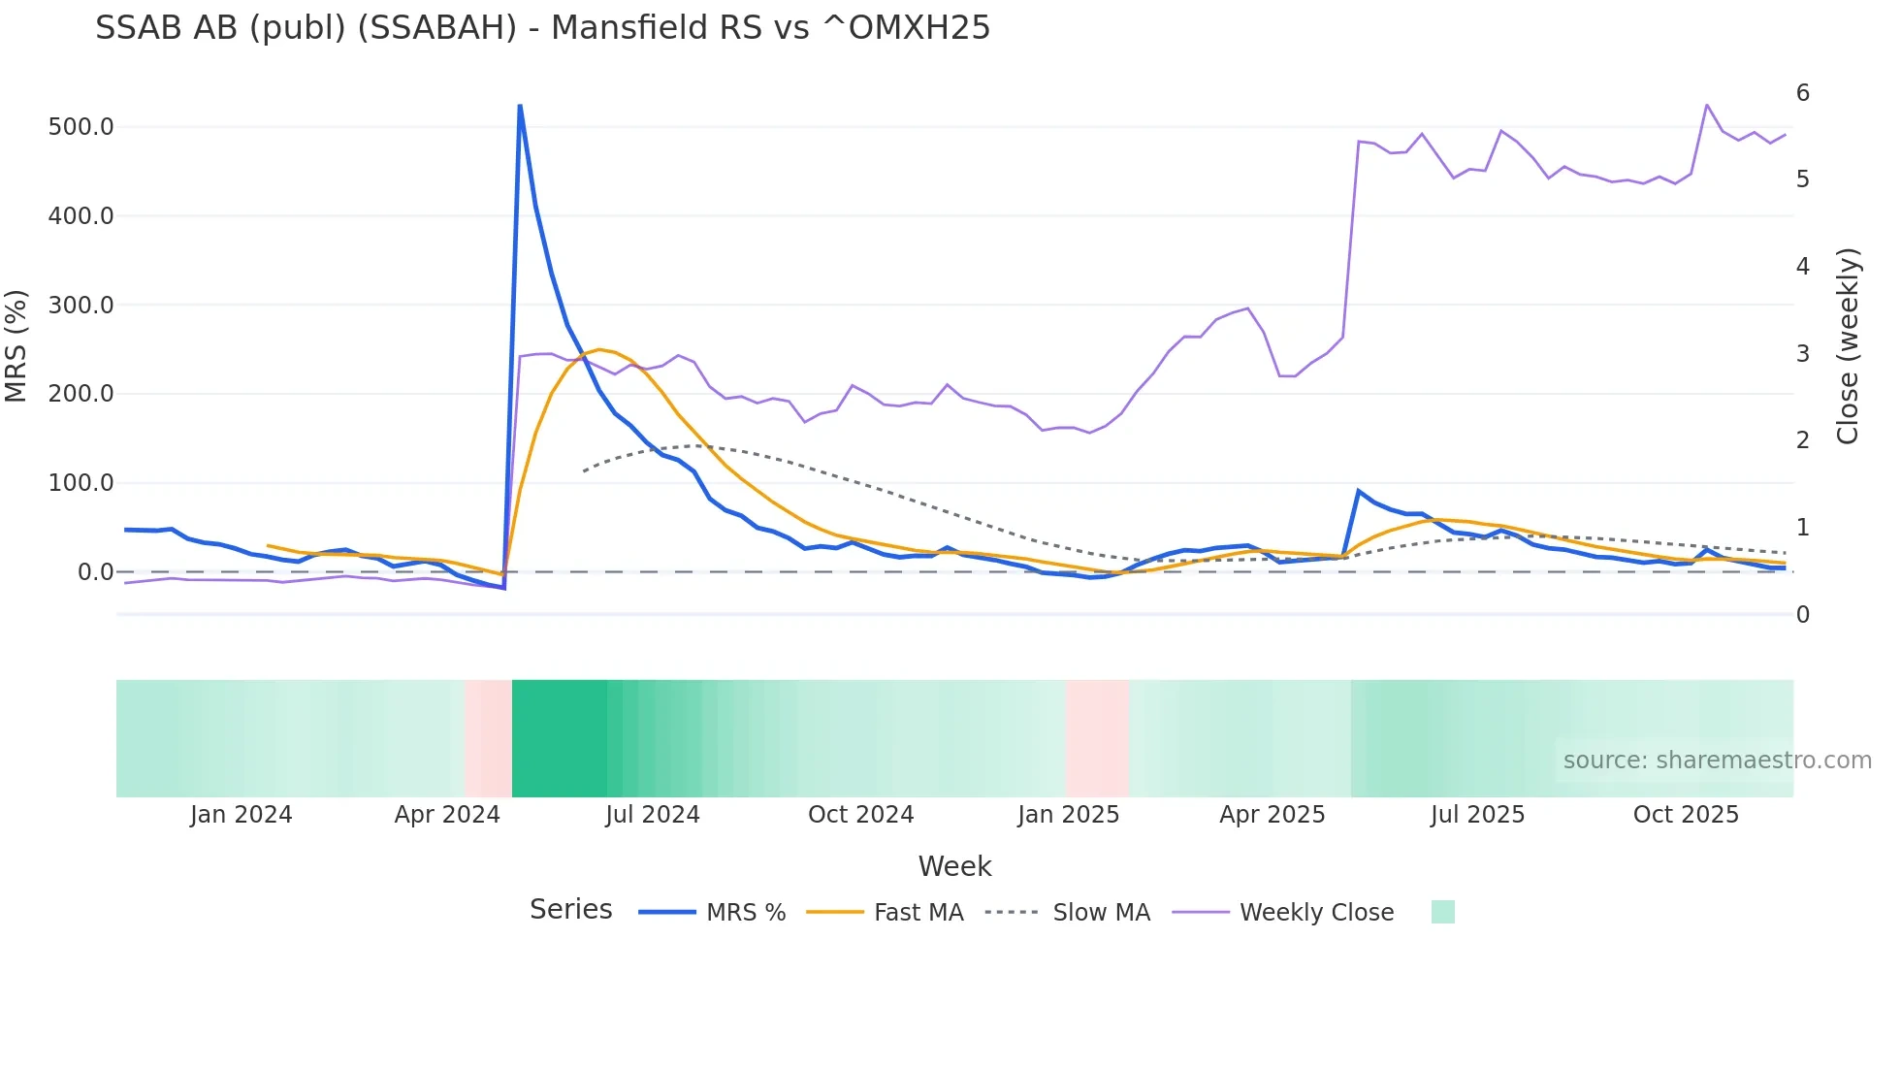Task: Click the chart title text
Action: click(x=542, y=28)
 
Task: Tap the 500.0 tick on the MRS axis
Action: click(x=81, y=127)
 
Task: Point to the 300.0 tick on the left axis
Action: click(x=81, y=306)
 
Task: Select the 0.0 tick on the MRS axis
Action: click(x=95, y=572)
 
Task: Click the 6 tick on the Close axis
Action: click(x=1802, y=93)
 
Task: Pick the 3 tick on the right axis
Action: click(x=1802, y=354)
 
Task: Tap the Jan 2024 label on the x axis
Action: click(x=241, y=815)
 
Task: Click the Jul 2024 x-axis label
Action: click(x=652, y=815)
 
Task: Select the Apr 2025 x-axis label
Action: click(x=1272, y=815)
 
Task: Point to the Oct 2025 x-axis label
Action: click(x=1686, y=815)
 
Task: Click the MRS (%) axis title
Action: click(x=16, y=346)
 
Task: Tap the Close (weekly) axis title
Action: click(x=1848, y=346)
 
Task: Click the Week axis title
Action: click(x=954, y=866)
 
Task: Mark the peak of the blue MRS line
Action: click(x=520, y=105)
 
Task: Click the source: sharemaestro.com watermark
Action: click(x=1717, y=761)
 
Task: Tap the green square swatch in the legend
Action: click(x=1442, y=912)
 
